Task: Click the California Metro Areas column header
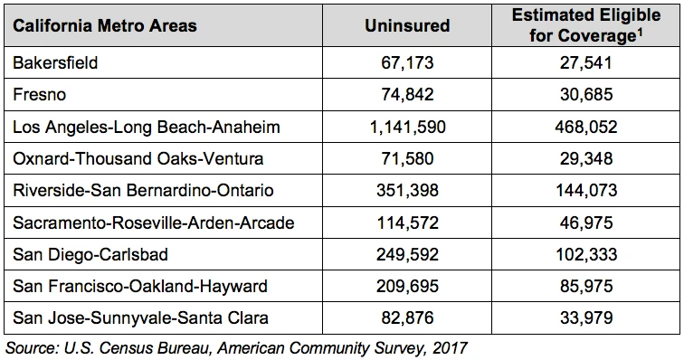105,25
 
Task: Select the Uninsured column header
407,25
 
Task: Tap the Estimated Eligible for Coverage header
586,25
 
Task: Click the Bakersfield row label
55,62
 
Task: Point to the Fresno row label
39,94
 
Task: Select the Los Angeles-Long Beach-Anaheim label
147,127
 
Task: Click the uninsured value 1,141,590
407,127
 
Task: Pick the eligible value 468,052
586,127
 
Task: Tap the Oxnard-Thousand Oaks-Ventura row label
138,158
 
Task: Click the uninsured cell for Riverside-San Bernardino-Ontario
407,190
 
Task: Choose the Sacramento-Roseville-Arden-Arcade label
154,223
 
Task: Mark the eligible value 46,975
586,223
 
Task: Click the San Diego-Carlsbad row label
90,254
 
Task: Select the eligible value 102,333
586,254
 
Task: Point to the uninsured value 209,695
407,286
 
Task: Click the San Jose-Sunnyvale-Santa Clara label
140,317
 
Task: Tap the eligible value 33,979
586,317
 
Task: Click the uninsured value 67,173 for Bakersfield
407,62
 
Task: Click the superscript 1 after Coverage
640,33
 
